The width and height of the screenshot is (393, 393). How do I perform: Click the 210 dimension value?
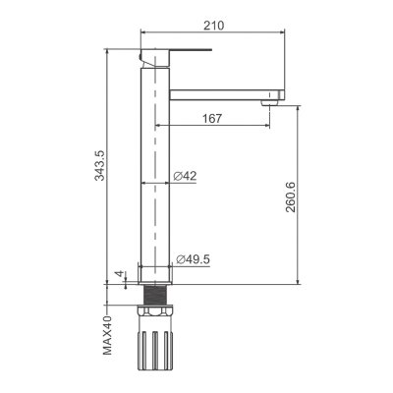tap(214, 25)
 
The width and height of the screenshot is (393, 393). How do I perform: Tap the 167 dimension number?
tap(211, 118)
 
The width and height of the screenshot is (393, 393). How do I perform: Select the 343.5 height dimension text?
tap(99, 165)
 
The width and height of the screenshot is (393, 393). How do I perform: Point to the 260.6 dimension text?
tap(290, 196)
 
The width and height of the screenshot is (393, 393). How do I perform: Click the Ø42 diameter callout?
tap(185, 176)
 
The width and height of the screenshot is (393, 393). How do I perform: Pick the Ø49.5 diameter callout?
tap(193, 259)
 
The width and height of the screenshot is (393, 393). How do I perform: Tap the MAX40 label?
tap(107, 335)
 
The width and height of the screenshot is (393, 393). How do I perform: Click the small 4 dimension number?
tap(120, 274)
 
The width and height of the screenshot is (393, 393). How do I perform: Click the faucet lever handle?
tap(176, 56)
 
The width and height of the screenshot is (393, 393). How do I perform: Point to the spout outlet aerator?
tap(269, 103)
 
